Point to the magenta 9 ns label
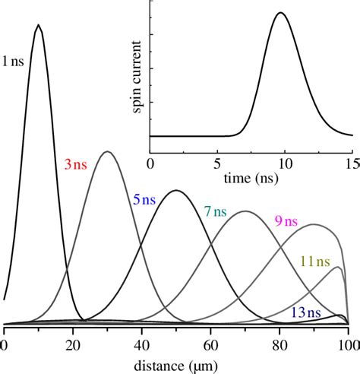pos(286,221)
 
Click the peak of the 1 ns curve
pos(39,25)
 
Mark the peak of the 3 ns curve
pos(107,151)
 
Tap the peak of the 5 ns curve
pos(175,190)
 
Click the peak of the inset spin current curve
pos(281,12)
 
